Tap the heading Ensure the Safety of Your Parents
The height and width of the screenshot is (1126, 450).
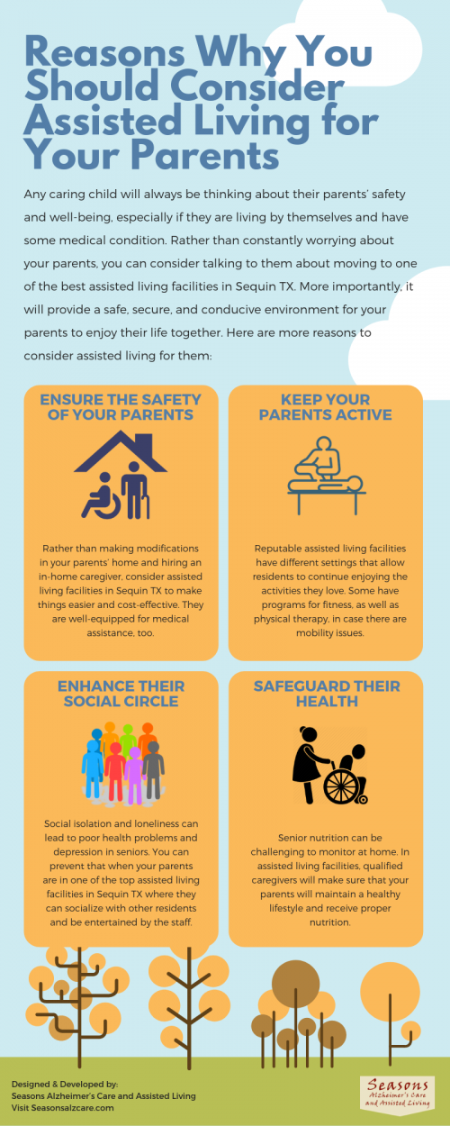click(121, 407)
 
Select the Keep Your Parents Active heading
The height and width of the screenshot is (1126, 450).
click(326, 407)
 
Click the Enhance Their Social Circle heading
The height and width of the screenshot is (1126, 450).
click(121, 694)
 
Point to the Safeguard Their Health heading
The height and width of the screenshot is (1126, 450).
click(327, 694)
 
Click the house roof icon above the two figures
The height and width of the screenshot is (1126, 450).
click(121, 451)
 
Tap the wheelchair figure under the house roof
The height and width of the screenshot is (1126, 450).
click(102, 496)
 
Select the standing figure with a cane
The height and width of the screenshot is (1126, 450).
click(135, 490)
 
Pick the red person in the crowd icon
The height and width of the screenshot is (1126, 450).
click(115, 772)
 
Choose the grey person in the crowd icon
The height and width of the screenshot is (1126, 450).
click(153, 770)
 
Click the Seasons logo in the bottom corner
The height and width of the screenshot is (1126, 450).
click(398, 1094)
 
